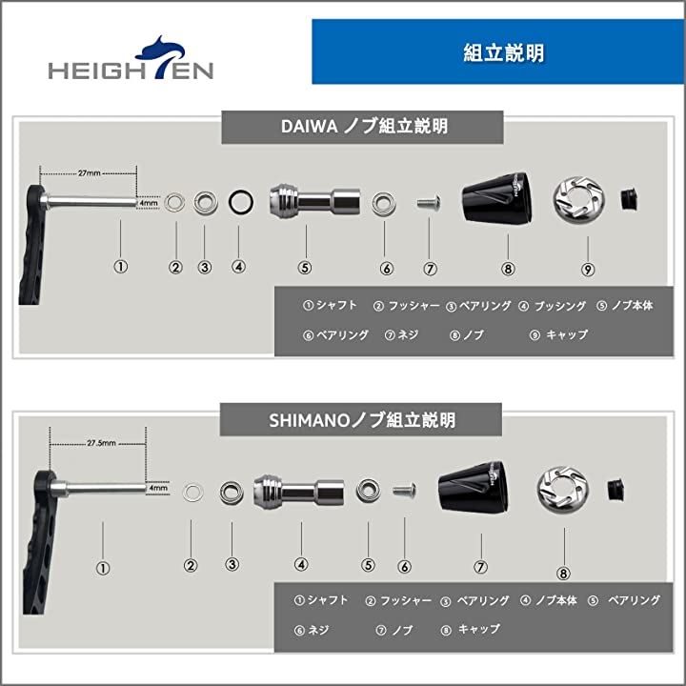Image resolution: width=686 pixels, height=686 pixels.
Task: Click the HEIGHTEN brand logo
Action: [x=131, y=59]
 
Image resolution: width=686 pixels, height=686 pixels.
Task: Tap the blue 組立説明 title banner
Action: [x=498, y=51]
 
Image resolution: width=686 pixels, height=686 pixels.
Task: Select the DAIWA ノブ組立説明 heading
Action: [x=362, y=127]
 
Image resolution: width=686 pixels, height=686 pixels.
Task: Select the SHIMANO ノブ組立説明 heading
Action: [x=361, y=420]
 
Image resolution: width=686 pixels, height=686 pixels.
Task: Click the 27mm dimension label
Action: [x=90, y=173]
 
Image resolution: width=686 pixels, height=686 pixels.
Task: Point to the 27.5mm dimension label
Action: [x=101, y=443]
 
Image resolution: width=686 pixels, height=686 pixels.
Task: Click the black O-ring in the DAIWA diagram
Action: [x=241, y=202]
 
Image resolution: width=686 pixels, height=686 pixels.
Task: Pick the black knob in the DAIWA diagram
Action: [x=498, y=198]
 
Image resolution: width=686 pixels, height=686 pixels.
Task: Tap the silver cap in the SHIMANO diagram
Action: [x=563, y=490]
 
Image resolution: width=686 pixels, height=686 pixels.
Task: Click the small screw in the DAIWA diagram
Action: [x=429, y=202]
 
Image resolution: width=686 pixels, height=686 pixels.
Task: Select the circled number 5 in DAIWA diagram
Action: [x=305, y=267]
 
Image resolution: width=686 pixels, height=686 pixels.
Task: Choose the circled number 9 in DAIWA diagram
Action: [x=588, y=269]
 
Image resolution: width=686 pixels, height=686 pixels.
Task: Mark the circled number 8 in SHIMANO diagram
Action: [x=563, y=573]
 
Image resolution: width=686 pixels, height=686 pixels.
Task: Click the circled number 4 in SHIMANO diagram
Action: [x=301, y=564]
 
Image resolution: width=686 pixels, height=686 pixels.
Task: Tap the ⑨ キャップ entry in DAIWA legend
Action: [x=558, y=335]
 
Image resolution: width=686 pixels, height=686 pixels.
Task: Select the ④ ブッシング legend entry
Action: [x=552, y=306]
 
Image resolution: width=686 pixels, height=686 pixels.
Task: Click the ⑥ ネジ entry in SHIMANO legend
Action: [x=312, y=631]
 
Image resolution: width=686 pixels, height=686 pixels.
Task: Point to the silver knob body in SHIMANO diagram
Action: [x=299, y=493]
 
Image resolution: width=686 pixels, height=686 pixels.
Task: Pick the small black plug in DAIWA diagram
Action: [x=630, y=199]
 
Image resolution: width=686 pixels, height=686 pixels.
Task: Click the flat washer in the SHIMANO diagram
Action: [x=192, y=493]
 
